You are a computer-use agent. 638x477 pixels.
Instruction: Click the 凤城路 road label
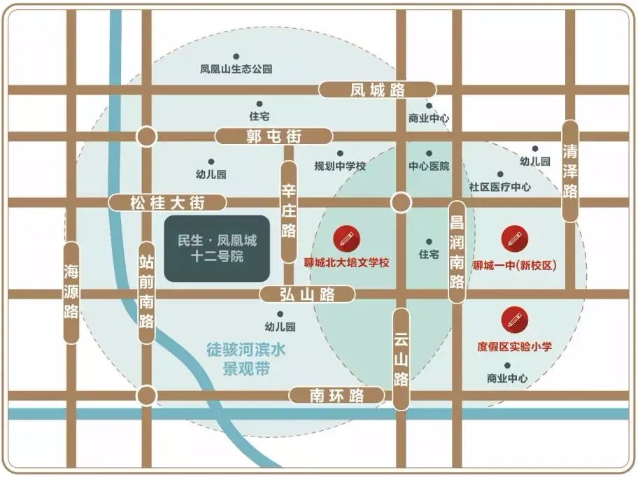click(x=378, y=90)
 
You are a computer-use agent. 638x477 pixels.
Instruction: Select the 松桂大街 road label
click(x=168, y=203)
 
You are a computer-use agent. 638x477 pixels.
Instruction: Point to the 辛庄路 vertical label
click(x=289, y=212)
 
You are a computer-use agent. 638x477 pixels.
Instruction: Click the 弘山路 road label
click(x=307, y=294)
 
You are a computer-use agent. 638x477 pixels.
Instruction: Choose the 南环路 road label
click(x=337, y=396)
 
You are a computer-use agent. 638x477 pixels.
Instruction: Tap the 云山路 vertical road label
click(x=401, y=359)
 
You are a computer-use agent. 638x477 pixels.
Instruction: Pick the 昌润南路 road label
click(x=457, y=252)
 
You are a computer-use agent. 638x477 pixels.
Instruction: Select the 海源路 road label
click(x=71, y=292)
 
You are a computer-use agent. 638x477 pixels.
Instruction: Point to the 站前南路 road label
click(x=146, y=292)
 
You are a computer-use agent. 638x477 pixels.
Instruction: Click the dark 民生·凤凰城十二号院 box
click(x=217, y=248)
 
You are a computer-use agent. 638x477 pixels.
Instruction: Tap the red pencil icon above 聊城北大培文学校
click(x=346, y=239)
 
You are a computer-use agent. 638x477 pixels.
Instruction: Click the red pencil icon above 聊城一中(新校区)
click(x=514, y=239)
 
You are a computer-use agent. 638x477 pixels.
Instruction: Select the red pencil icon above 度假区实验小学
click(x=514, y=320)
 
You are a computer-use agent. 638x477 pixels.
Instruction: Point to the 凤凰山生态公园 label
click(x=236, y=69)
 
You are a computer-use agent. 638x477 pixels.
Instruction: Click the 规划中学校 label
click(x=340, y=166)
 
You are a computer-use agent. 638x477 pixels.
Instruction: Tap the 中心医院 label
click(x=429, y=166)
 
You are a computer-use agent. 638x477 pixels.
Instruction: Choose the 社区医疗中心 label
click(x=499, y=187)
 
